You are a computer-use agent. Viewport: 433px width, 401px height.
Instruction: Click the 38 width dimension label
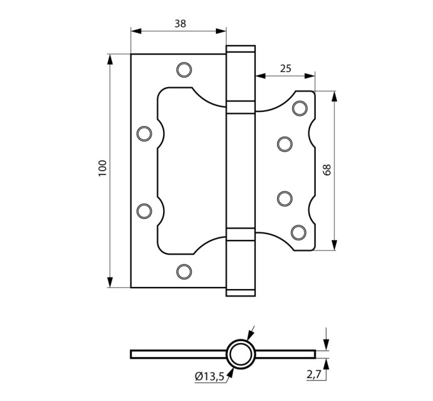[x=180, y=24]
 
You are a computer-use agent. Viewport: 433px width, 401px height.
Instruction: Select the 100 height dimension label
[x=103, y=168]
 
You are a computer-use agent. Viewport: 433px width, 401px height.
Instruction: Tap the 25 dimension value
[x=285, y=68]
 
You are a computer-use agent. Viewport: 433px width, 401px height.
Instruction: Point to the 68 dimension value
[x=327, y=170]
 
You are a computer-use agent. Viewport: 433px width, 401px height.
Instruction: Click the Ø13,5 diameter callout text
[x=209, y=376]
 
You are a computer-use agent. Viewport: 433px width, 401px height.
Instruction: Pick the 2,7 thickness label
[x=314, y=374]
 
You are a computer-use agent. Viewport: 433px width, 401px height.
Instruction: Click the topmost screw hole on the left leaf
[x=184, y=70]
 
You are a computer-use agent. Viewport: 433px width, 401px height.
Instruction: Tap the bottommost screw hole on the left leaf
[x=184, y=272]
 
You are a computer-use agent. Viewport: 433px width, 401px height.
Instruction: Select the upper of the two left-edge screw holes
[x=144, y=134]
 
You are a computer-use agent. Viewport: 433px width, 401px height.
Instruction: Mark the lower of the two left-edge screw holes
[x=144, y=211]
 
